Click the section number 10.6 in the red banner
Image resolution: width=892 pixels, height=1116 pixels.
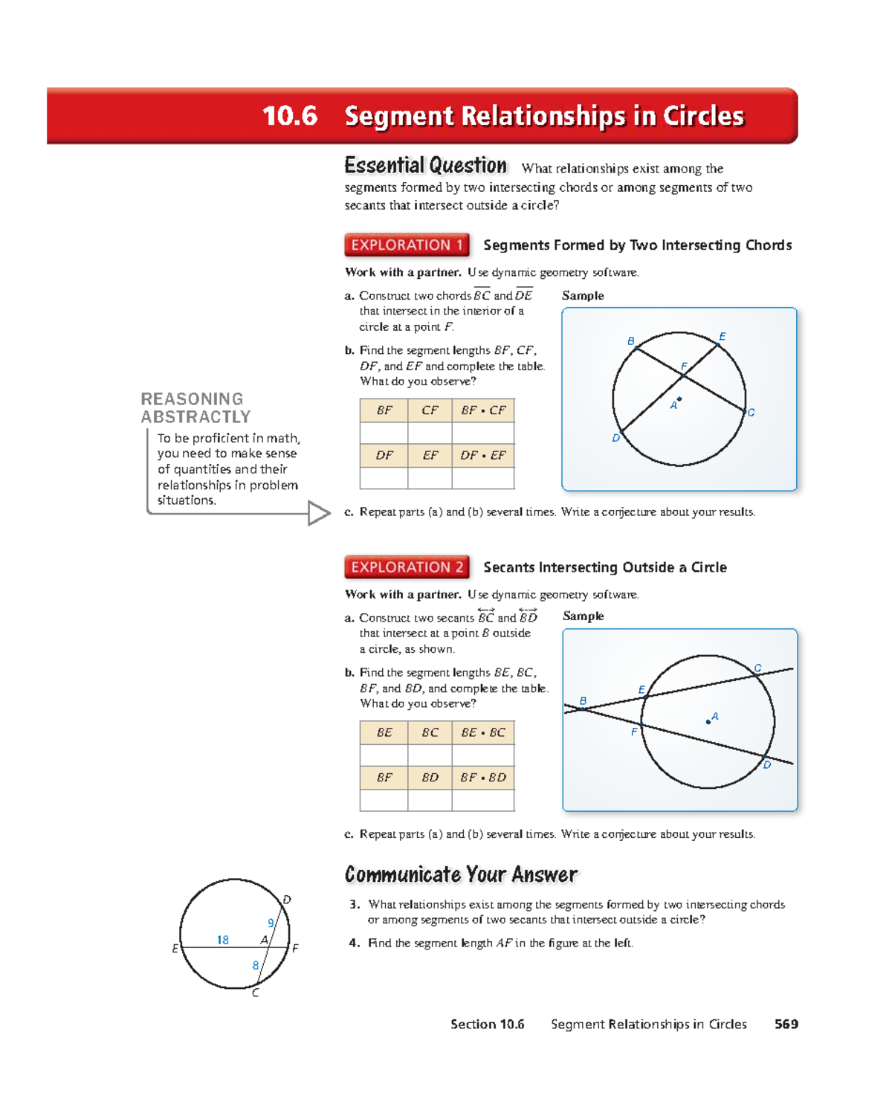[290, 116]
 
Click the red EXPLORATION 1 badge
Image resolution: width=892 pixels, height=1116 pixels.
[407, 245]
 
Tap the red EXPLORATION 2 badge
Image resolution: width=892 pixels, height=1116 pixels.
[407, 567]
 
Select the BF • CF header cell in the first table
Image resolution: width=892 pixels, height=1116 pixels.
[482, 410]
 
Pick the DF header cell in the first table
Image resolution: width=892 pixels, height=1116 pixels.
[384, 455]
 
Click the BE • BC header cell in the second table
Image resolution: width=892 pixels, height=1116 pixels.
[482, 732]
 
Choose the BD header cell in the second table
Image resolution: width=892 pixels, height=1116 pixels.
[430, 778]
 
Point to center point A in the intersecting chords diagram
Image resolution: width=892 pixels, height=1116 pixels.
[679, 399]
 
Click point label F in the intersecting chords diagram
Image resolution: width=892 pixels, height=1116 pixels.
[684, 367]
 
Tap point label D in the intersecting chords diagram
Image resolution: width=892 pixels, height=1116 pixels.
[615, 438]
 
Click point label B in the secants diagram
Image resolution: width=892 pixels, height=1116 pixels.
[583, 701]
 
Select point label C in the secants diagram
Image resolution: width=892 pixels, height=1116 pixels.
[757, 668]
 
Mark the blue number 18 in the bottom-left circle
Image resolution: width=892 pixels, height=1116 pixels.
[222, 940]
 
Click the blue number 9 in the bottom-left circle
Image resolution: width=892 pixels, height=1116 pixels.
[271, 923]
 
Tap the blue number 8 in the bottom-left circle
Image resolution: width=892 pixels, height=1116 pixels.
[255, 965]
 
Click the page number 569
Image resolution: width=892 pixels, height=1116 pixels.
[786, 1024]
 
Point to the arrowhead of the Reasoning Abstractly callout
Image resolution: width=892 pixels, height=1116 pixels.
[319, 513]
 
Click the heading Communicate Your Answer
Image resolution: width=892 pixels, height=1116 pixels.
[461, 874]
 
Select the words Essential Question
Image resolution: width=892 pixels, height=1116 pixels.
[425, 165]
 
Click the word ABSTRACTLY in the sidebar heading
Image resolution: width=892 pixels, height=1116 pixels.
[195, 417]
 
